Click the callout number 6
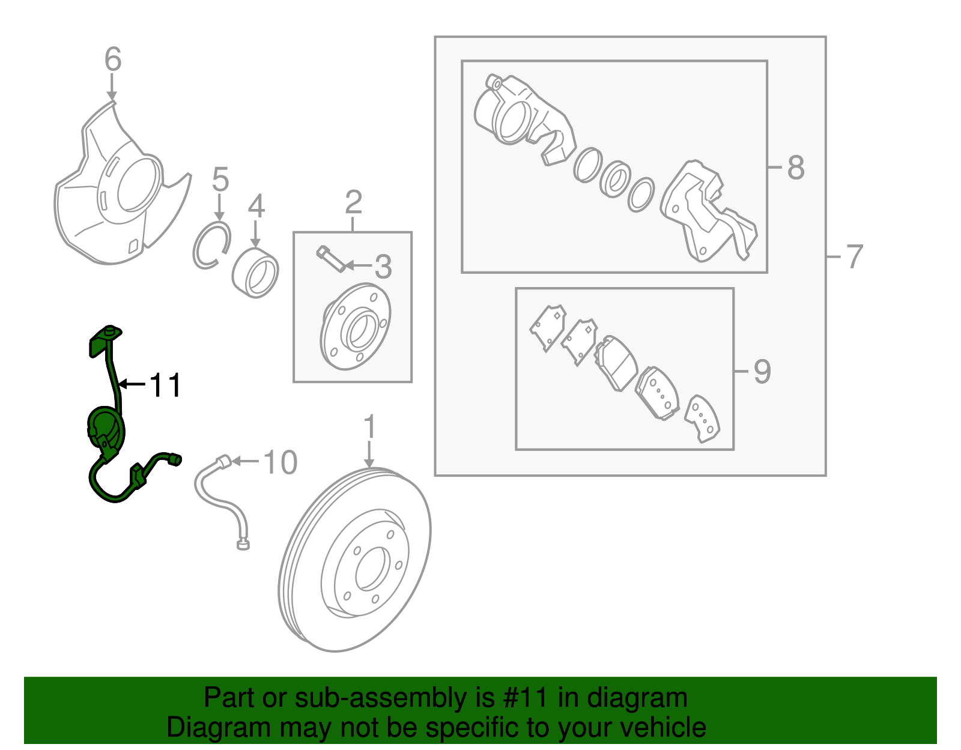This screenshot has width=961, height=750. pyautogui.click(x=112, y=59)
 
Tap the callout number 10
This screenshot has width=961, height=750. pyautogui.click(x=280, y=462)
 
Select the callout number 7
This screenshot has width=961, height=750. pyautogui.click(x=854, y=256)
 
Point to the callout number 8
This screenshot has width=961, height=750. pyautogui.click(x=796, y=168)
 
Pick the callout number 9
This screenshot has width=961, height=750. pyautogui.click(x=762, y=372)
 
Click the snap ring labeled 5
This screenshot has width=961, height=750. pyautogui.click(x=211, y=244)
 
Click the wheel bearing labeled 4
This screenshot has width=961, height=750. pyautogui.click(x=255, y=273)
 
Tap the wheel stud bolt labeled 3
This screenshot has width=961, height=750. pyautogui.click(x=330, y=259)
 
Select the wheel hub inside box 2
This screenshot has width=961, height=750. pyautogui.click(x=356, y=327)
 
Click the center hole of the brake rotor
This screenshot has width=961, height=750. pyautogui.click(x=369, y=568)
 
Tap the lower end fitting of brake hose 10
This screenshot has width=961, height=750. pyautogui.click(x=243, y=545)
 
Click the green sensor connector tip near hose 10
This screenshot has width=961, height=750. pyautogui.click(x=176, y=460)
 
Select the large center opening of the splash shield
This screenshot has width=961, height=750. pyautogui.click(x=139, y=185)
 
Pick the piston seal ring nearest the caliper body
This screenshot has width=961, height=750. pyautogui.click(x=587, y=165)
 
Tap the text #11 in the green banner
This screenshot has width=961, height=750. pyautogui.click(x=522, y=698)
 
